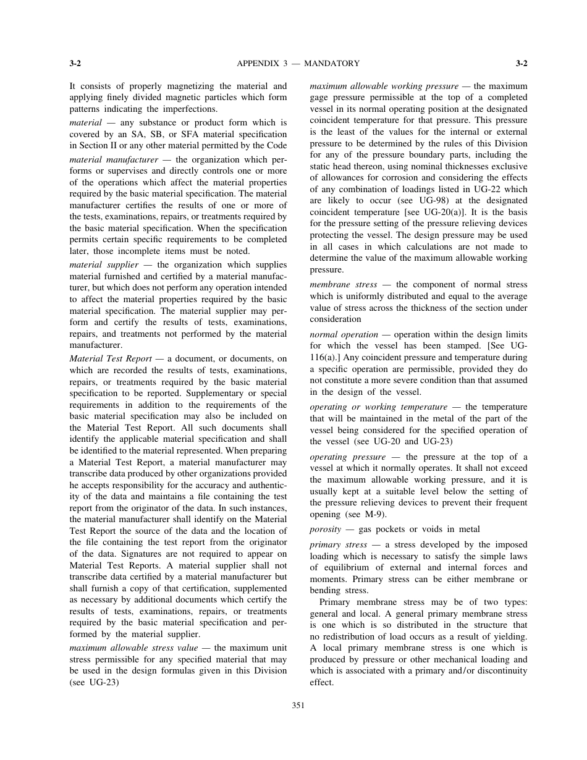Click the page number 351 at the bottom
(x=298, y=705)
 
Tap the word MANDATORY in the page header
(x=332, y=63)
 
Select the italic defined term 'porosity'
(x=326, y=529)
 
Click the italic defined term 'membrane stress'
(x=343, y=284)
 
